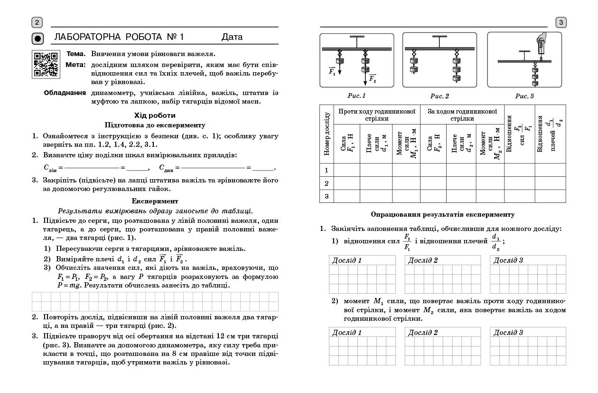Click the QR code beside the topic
pos(46,64)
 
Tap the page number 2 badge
pos(37,22)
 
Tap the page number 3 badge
pos(561,22)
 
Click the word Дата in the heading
pos(232,37)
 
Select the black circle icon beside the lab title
pos(37,38)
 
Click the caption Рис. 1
pos(356,96)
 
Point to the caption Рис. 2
pos(439,96)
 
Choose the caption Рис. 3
pos(524,96)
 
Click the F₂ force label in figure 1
pos(372,78)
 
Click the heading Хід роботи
pos(155,115)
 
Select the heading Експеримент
pos(155,201)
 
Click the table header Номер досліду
pos(327,134)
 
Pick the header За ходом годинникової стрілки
pos(462,115)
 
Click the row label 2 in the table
pos(327,183)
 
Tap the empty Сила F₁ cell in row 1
pos(346,170)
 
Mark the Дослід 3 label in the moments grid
pos(508,333)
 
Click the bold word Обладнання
pos(65,93)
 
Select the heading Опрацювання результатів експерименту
pos(442,215)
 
